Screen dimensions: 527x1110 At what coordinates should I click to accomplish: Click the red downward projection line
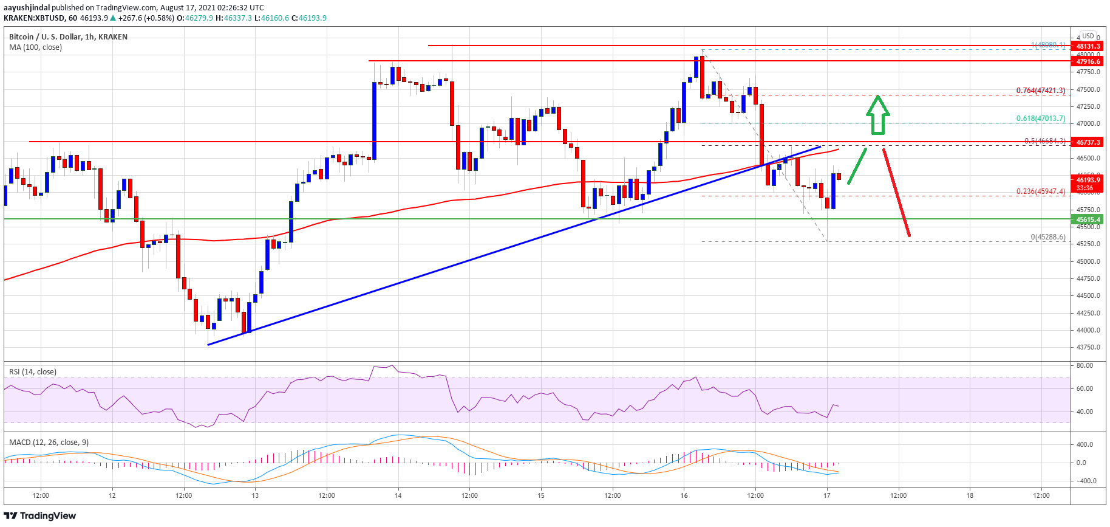pyautogui.click(x=896, y=192)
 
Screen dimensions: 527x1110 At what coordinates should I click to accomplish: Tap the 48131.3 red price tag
pyautogui.click(x=1088, y=46)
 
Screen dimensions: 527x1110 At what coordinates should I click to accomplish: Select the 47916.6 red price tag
pyautogui.click(x=1088, y=61)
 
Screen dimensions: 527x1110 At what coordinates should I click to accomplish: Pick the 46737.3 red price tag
pyautogui.click(x=1088, y=142)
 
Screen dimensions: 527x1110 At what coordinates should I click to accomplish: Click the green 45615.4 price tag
pyautogui.click(x=1088, y=219)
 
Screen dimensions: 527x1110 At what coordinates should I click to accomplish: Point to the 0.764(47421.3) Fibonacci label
pyautogui.click(x=1041, y=91)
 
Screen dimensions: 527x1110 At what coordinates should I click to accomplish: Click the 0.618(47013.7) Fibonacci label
pyautogui.click(x=1041, y=119)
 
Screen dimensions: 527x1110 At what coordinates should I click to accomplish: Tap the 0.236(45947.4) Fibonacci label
pyautogui.click(x=1041, y=191)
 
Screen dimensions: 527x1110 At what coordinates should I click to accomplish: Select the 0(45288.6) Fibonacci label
pyautogui.click(x=1047, y=237)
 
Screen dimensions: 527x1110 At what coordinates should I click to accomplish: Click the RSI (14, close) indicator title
pyautogui.click(x=33, y=372)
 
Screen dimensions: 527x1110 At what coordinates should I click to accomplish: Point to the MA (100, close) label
pyautogui.click(x=35, y=47)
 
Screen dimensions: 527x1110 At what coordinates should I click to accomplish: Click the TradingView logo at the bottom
pyautogui.click(x=40, y=516)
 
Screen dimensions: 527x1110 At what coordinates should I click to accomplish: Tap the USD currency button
pyautogui.click(x=1088, y=36)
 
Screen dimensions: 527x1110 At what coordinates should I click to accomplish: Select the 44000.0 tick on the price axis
pyautogui.click(x=1088, y=330)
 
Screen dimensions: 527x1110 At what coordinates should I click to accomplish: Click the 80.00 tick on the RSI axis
pyautogui.click(x=1084, y=365)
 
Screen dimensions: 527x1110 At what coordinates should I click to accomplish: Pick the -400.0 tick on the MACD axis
pyautogui.click(x=1086, y=481)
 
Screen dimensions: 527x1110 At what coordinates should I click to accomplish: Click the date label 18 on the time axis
pyautogui.click(x=970, y=495)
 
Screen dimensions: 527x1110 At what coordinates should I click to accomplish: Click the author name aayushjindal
pyautogui.click(x=27, y=8)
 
